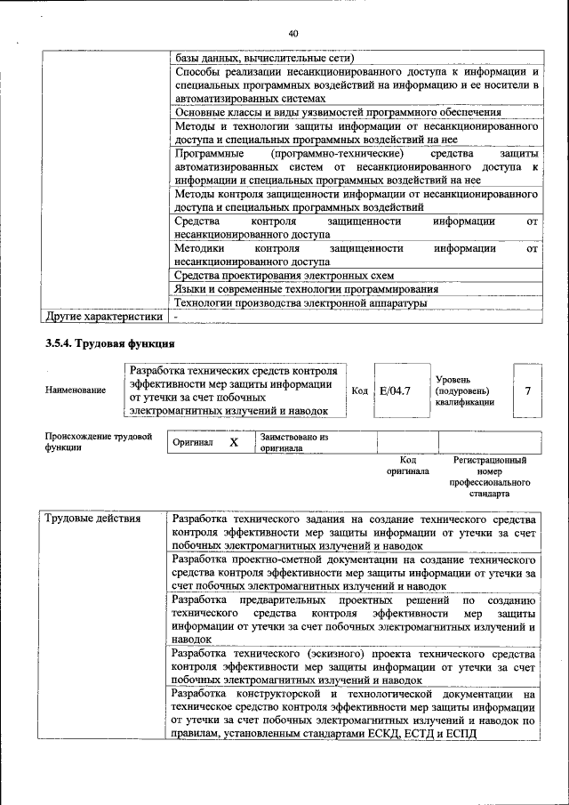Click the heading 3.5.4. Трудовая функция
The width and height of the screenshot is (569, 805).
coord(109,343)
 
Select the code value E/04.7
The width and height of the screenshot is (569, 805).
coord(394,390)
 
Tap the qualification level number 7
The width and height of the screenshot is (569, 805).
coord(528,390)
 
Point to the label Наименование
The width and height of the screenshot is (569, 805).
coord(75,390)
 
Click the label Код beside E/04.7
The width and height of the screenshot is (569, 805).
coord(360,390)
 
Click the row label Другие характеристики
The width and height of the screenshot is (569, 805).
coord(104,316)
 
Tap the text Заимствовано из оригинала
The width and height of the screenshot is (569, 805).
coord(294,443)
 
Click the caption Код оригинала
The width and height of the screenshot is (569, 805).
coord(408,465)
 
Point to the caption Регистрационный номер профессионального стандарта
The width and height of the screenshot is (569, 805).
coord(489,477)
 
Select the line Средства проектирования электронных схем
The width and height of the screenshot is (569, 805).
coord(284,276)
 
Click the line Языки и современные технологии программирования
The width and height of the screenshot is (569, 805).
coord(306,289)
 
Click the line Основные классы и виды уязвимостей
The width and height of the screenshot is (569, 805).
coord(338,112)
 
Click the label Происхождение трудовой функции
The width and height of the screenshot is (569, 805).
coord(98,443)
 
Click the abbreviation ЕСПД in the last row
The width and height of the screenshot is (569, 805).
coord(461,733)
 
